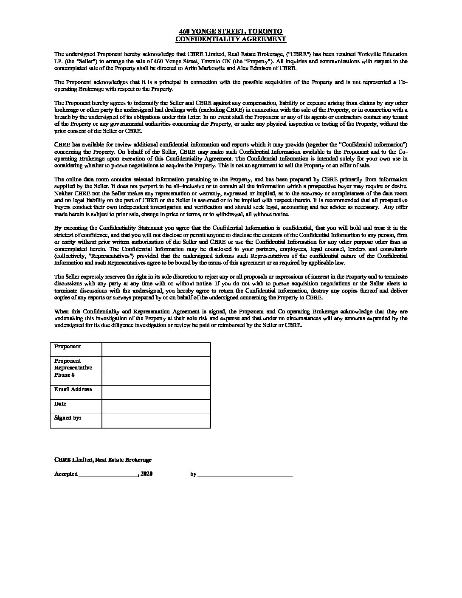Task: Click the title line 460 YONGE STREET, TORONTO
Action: coord(231,31)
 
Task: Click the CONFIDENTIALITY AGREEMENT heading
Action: coord(231,39)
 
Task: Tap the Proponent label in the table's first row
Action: coord(68,347)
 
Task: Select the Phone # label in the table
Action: coord(65,375)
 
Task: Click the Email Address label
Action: coord(73,389)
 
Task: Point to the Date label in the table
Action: coord(60,404)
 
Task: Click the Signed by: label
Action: coord(68,418)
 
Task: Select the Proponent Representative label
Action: coord(73,364)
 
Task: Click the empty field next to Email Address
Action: coord(156,392)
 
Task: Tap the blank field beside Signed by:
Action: coord(156,420)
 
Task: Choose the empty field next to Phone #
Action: coord(156,378)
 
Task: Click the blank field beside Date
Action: coord(156,406)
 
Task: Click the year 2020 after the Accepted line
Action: coord(146,474)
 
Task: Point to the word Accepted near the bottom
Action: coord(66,474)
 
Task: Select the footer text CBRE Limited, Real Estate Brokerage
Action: coord(103,460)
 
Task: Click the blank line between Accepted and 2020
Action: coord(108,475)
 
